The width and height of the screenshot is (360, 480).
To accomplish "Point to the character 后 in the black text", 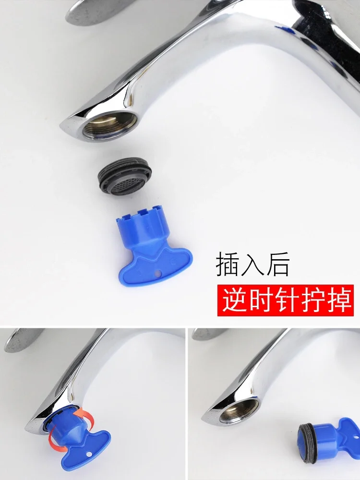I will pyautogui.click(x=278, y=265).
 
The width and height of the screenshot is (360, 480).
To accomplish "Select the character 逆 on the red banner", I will pyautogui.click(x=234, y=300).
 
